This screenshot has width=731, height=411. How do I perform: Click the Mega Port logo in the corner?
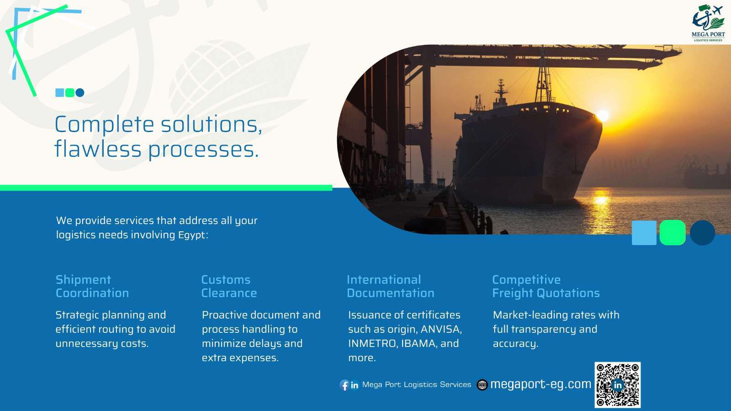708,23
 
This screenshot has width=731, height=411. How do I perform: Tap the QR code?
617,384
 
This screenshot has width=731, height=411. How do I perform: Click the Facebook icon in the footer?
344,385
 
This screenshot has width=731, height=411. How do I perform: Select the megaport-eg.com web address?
541,384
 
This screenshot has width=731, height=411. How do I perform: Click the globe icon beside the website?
482,385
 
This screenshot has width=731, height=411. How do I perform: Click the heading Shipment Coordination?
92,286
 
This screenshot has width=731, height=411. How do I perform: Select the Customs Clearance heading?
229,286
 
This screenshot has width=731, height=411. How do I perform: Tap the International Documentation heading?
390,286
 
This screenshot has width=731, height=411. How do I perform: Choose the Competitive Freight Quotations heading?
546,286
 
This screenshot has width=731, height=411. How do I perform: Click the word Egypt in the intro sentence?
193,235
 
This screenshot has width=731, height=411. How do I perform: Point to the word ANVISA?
441,329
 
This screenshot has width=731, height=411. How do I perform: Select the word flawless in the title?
98,149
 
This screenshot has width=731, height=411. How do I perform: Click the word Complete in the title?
104,125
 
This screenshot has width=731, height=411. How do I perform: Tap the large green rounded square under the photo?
673,232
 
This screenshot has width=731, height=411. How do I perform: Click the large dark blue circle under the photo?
703,232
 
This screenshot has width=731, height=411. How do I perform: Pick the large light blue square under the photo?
644,233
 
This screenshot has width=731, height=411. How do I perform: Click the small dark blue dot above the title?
80,93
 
